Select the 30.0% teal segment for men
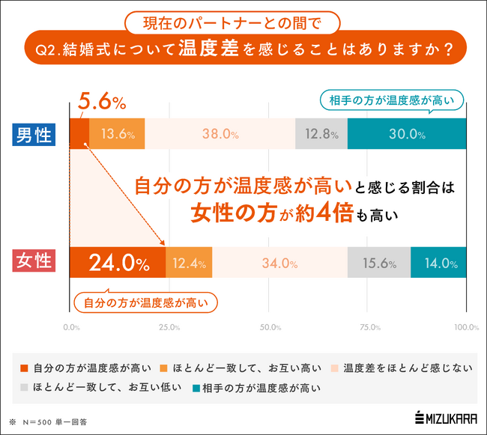407,135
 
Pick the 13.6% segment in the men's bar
117,135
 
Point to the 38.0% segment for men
220,135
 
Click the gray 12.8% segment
321,135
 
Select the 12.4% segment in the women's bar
189,263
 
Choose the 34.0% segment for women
279,263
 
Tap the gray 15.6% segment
378,263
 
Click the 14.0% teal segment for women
438,263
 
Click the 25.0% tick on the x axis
169,327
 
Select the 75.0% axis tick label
367,327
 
